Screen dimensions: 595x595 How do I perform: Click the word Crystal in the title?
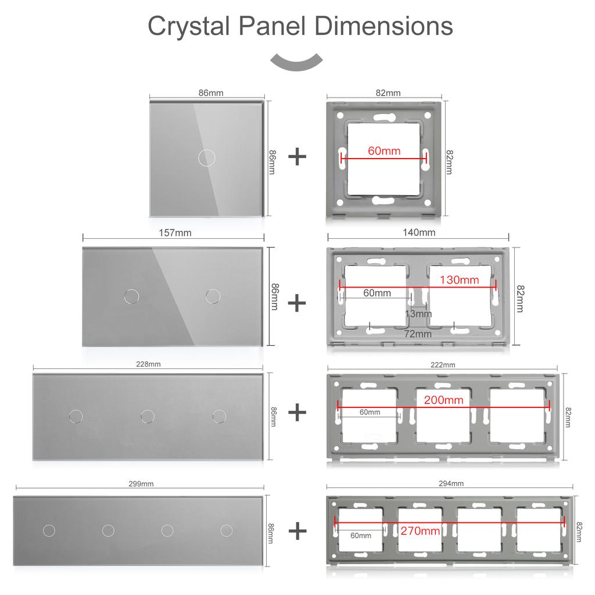[x=189, y=27]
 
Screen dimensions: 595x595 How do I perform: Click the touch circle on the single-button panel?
[x=206, y=157]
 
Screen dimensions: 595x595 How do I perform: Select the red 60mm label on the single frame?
[x=384, y=151]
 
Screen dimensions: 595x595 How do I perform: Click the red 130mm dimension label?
[x=459, y=280]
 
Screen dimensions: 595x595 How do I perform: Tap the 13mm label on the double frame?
[x=418, y=314]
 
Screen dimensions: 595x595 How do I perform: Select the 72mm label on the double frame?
[x=418, y=334]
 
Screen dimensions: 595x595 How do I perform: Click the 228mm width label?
[x=148, y=364]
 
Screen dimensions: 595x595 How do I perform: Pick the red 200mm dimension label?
[x=443, y=400]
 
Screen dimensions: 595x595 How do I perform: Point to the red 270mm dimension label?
[x=420, y=531]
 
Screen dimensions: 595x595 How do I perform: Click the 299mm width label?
[x=141, y=483]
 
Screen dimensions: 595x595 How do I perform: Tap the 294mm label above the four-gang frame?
[x=451, y=483]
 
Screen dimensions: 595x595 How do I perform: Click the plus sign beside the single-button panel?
[x=297, y=157]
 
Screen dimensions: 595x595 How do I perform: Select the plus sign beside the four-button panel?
[x=297, y=531]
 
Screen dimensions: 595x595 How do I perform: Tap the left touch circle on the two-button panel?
[x=132, y=296]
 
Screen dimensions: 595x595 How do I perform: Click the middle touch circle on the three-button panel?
[x=148, y=415]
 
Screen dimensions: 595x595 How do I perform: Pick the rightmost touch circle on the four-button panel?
[x=227, y=530]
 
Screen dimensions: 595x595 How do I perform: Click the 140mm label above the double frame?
[x=419, y=232]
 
